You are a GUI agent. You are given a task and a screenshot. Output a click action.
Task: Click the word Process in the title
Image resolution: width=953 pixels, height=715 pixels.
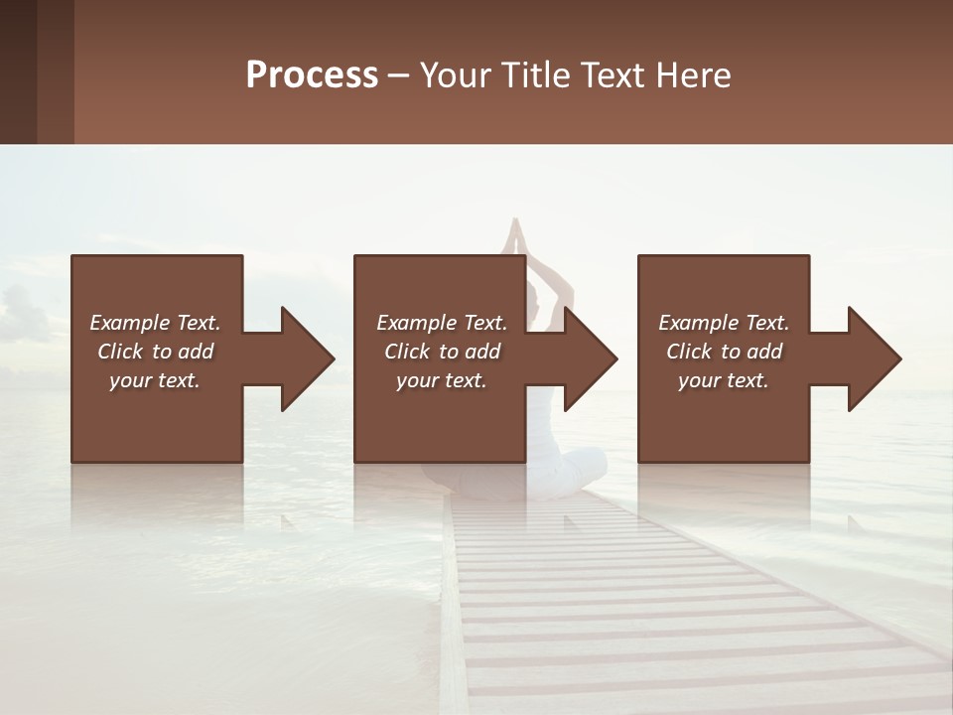click(x=312, y=75)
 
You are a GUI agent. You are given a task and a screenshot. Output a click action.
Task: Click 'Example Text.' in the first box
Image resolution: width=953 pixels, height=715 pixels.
click(x=155, y=323)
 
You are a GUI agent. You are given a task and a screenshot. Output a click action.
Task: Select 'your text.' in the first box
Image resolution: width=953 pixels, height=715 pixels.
click(x=155, y=380)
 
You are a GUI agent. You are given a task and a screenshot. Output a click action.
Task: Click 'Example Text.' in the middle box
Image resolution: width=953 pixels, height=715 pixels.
click(x=442, y=323)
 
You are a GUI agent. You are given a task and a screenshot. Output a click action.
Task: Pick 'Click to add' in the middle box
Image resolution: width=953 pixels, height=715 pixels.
click(x=442, y=352)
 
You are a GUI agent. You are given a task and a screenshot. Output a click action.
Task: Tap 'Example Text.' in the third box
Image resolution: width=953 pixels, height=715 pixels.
click(x=724, y=323)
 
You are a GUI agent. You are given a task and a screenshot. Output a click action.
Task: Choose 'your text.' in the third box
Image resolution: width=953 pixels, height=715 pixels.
click(x=724, y=380)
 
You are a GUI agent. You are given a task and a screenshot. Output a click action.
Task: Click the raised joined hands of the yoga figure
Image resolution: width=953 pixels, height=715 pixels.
click(x=514, y=236)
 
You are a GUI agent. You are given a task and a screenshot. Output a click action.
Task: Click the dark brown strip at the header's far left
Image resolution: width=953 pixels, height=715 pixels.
click(x=18, y=71)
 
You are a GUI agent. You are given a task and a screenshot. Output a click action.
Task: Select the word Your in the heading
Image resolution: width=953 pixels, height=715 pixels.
click(x=457, y=75)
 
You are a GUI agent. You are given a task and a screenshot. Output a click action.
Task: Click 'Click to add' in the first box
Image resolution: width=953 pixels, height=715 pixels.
click(x=155, y=352)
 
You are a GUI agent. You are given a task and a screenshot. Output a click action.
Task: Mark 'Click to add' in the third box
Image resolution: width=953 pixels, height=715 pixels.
click(x=724, y=352)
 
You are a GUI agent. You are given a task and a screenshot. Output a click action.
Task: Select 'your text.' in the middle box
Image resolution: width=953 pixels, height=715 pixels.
click(x=442, y=380)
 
